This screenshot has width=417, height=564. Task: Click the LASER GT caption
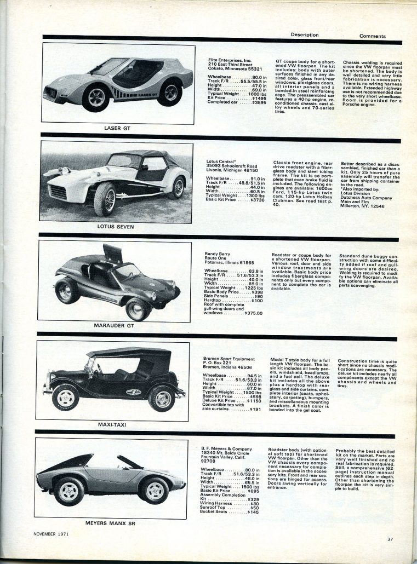pos(117,128)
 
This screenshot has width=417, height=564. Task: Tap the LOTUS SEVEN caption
pos(116,226)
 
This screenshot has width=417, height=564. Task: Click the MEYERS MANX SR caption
pos(111,522)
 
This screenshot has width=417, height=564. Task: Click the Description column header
pos(305,34)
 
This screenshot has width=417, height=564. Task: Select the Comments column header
pos(373,36)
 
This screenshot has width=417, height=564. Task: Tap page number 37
pos(390,539)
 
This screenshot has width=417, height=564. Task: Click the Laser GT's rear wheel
pos(169,92)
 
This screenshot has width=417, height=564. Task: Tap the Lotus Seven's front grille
pos(58,192)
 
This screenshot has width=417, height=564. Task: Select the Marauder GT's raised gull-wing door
pos(112,253)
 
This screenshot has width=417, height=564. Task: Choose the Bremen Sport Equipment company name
pos(229,359)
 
